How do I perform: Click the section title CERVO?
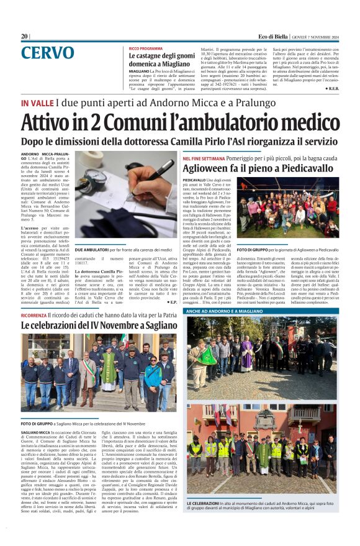pos(47,53)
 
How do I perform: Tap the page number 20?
pos(24,37)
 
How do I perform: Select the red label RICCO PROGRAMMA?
pos(146,48)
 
